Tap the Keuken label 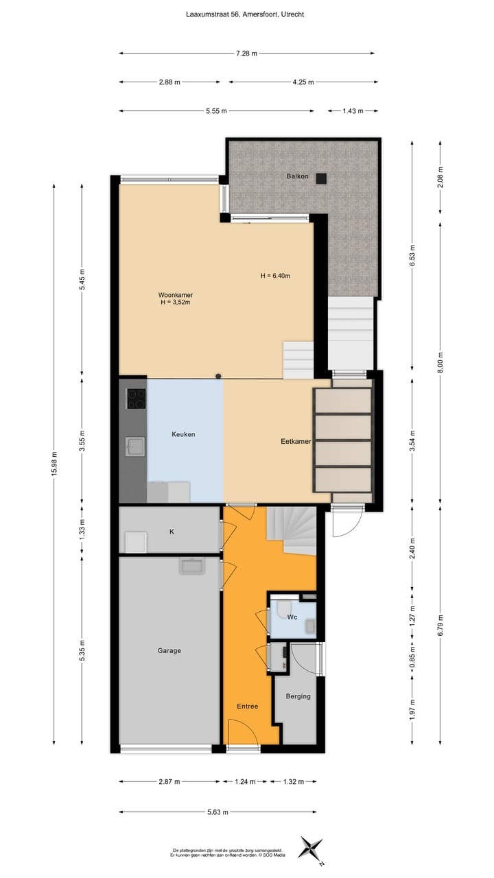pos(183,434)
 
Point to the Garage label pos(168,650)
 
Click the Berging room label pos(298,696)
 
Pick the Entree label pos(248,706)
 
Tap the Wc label pos(292,617)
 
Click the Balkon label pos(298,177)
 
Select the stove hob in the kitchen pos(136,399)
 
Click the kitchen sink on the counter pos(134,447)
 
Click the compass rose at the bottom pos(311,848)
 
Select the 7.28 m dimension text pos(246,53)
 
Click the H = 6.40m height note pos(275,276)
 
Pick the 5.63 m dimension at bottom pos(218,812)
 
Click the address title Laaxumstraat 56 pos(246,14)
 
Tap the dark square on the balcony pos(321,178)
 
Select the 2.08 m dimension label pos(440,178)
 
